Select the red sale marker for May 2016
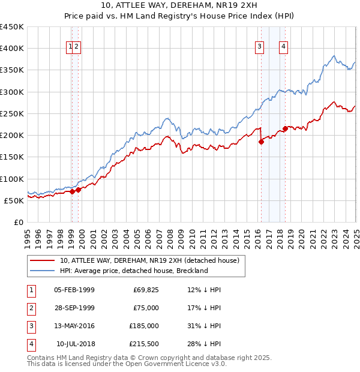pyautogui.click(x=261, y=142)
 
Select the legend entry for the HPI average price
pyautogui.click(x=133, y=271)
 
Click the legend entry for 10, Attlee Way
pyautogui.click(x=149, y=260)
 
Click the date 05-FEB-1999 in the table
pyautogui.click(x=74, y=290)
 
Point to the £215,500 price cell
pyautogui.click(x=143, y=344)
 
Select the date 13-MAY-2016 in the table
pyautogui.click(x=74, y=326)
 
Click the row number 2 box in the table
pyautogui.click(x=31, y=308)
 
